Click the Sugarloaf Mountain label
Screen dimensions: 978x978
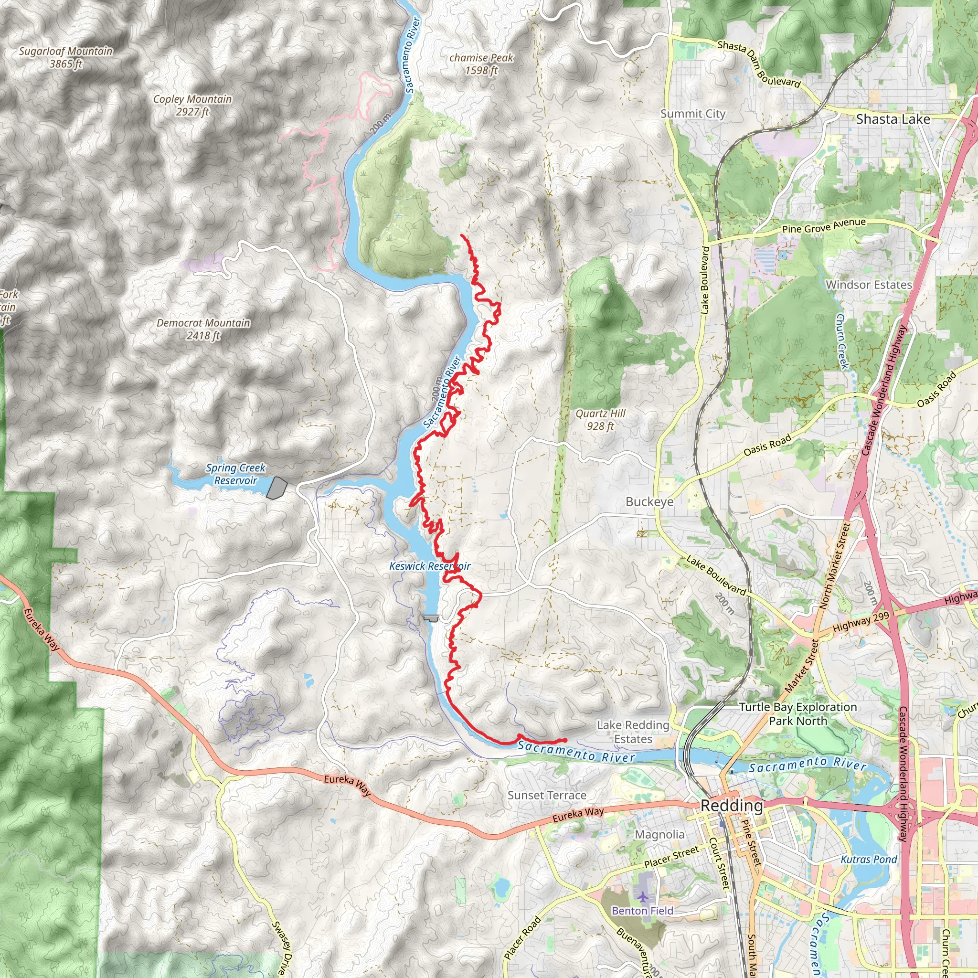[x=66, y=57]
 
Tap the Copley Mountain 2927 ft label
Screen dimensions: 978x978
[x=192, y=105]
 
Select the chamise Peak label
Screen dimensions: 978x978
[x=481, y=64]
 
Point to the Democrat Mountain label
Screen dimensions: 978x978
[x=203, y=329]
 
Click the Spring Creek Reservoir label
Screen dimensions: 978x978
[x=236, y=474]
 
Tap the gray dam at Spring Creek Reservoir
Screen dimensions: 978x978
[x=276, y=488]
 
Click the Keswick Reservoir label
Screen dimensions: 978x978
[x=429, y=566]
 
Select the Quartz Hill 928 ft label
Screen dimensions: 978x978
[x=600, y=420]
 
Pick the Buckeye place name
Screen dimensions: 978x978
[x=649, y=502]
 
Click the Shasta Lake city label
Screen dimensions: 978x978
[x=893, y=119]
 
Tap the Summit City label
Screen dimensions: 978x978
[x=692, y=114]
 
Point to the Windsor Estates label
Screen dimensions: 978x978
[x=869, y=285]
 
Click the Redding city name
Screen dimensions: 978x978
[x=732, y=806]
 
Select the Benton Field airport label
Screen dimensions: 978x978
[x=642, y=911]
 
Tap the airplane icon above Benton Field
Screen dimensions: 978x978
[x=643, y=897]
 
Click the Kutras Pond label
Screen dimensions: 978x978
[x=869, y=860]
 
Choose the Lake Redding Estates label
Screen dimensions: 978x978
[x=633, y=732]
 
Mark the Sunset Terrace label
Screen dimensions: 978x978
[x=547, y=795]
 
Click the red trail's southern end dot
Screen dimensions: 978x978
[x=565, y=741]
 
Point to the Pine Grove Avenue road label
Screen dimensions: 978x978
[x=824, y=226]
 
